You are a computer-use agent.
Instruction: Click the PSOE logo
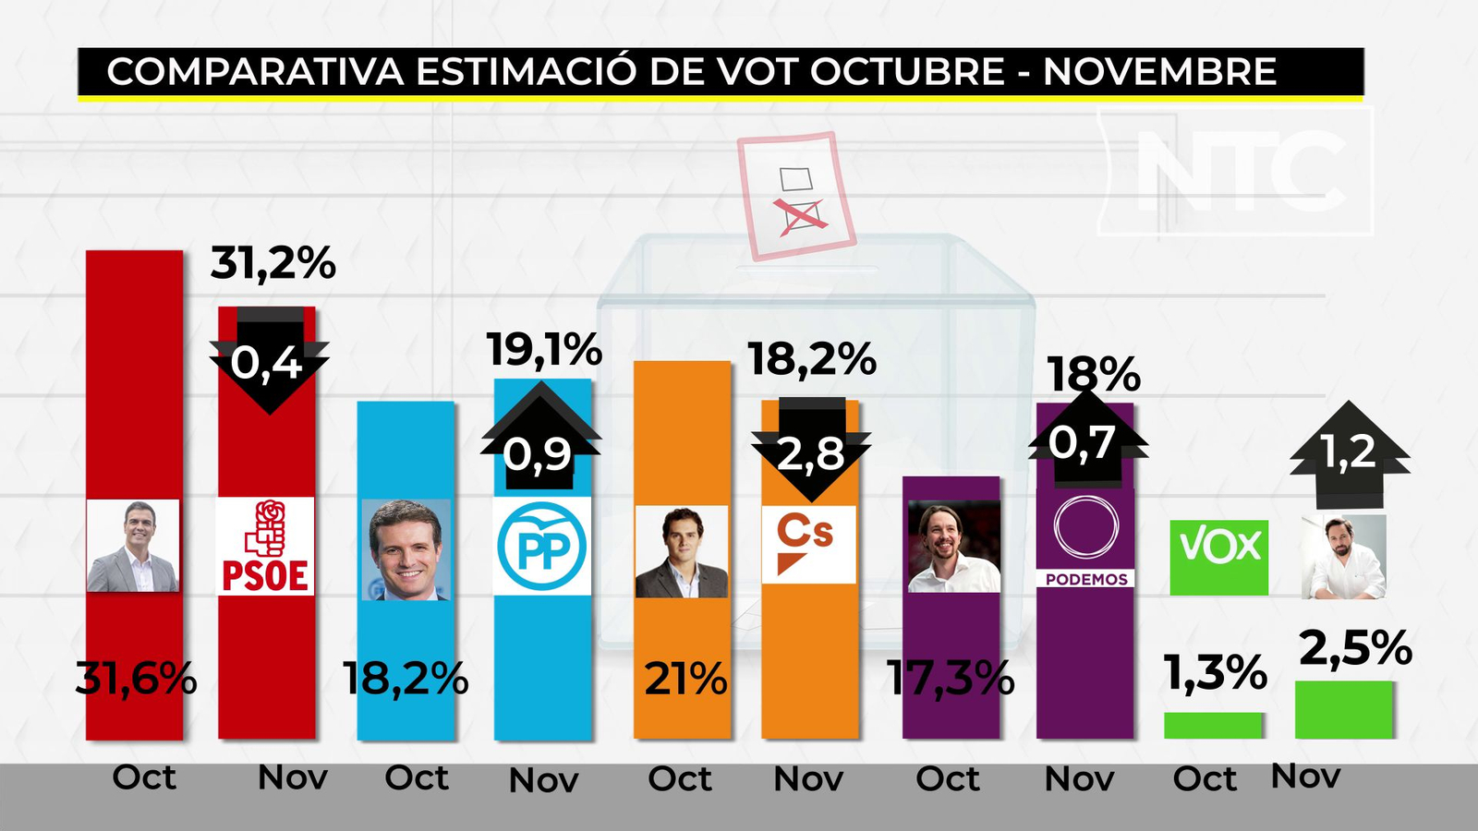point(265,547)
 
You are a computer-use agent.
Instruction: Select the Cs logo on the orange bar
point(809,545)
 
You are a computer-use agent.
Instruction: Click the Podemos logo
point(1085,540)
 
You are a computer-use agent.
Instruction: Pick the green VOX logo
point(1219,557)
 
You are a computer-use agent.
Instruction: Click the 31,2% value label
point(273,264)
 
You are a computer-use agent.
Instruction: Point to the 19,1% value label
point(544,351)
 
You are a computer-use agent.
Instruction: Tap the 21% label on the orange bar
point(685,680)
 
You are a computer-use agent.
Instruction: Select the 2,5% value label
point(1355,648)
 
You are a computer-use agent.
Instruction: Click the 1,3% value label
point(1215,673)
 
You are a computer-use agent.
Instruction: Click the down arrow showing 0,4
point(269,361)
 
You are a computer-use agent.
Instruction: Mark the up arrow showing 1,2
point(1350,453)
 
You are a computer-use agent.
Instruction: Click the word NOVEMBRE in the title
point(1159,72)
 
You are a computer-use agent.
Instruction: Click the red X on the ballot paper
point(801,215)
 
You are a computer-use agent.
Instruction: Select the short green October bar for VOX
point(1213,725)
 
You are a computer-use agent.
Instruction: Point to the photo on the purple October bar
point(953,546)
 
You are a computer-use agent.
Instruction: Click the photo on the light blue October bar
point(406,549)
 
